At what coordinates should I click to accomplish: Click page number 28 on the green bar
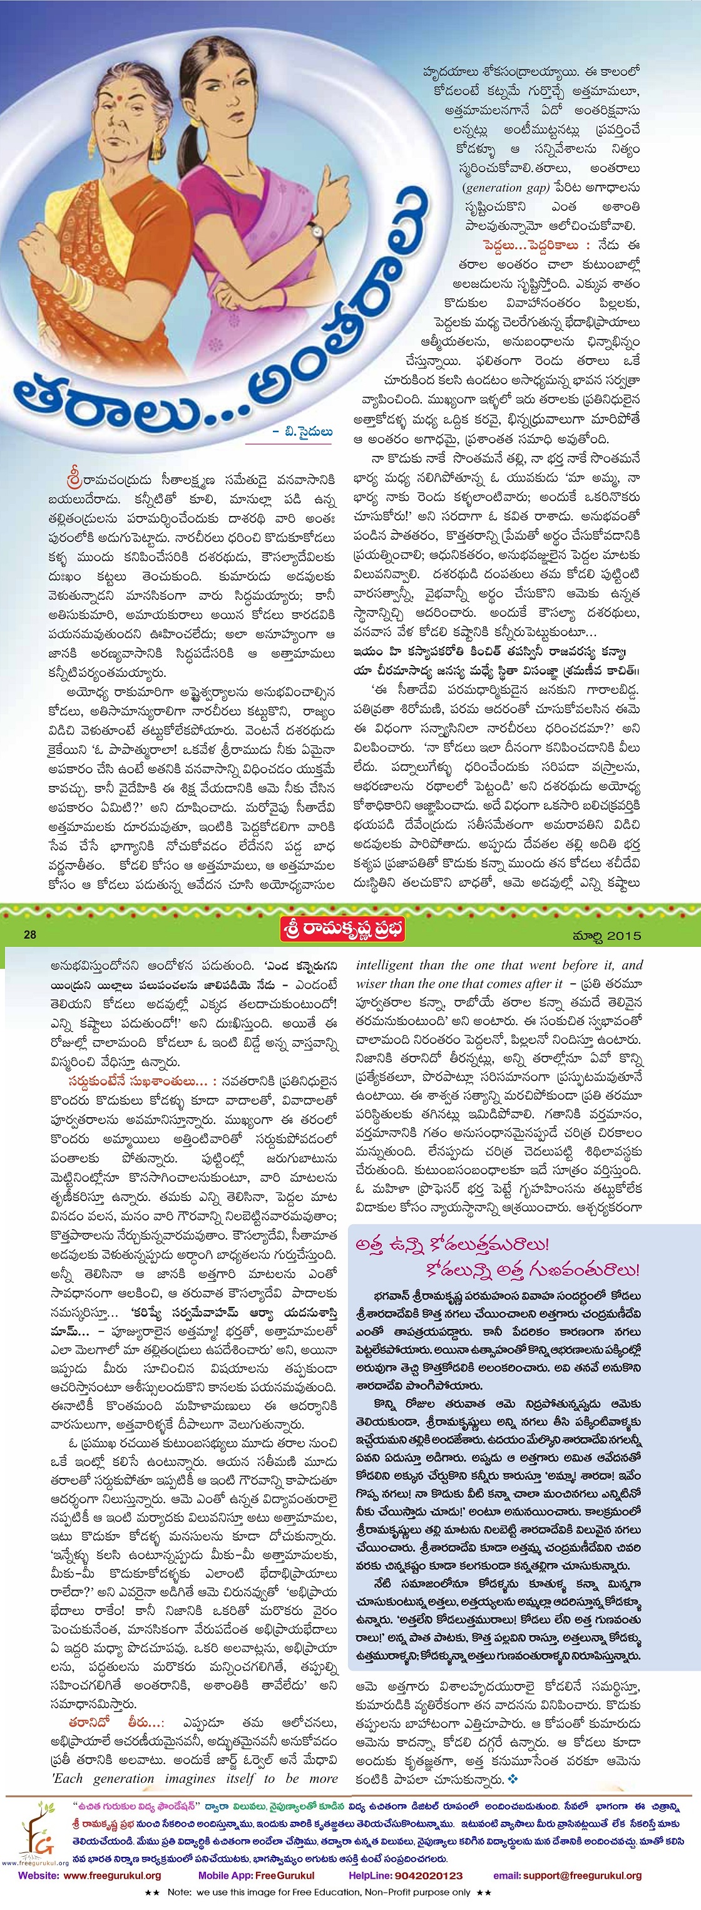pos(31,934)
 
